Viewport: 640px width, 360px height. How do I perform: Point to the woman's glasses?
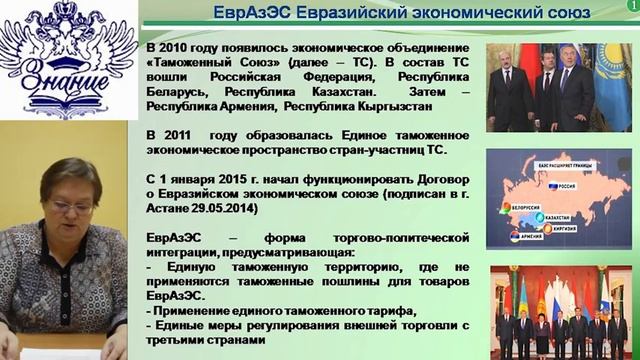point(71,205)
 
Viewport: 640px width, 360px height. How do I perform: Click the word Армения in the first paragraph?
point(248,104)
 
